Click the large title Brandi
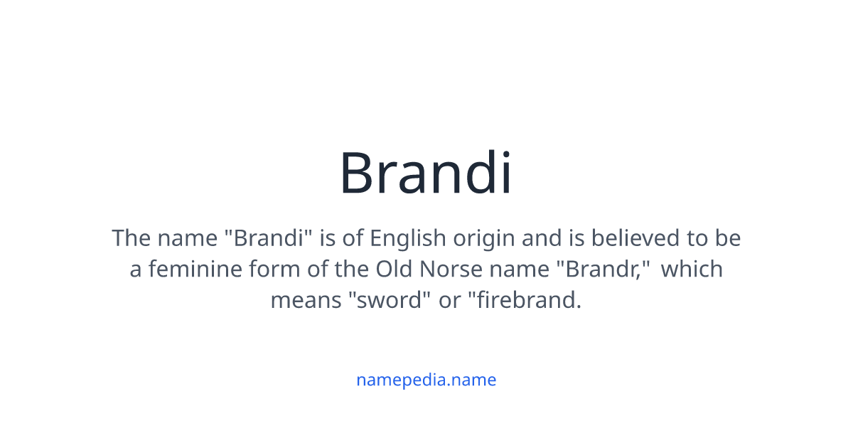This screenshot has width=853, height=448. point(425,173)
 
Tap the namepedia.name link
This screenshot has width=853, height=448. point(426,380)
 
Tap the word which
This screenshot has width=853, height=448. point(692,270)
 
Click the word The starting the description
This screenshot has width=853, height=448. point(132,238)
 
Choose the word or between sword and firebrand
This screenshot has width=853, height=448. point(449,301)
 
